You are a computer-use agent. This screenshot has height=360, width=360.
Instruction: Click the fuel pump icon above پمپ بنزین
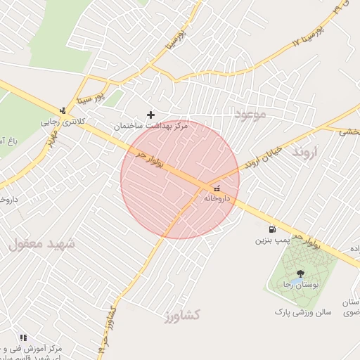[271, 229]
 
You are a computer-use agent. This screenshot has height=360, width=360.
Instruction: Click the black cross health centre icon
[150, 114]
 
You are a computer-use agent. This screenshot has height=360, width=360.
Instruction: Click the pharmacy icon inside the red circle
[216, 188]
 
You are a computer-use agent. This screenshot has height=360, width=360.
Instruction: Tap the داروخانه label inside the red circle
[218, 198]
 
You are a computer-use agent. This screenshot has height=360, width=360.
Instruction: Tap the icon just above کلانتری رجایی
[63, 110]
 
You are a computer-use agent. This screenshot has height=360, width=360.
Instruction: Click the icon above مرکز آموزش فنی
[23, 337]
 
